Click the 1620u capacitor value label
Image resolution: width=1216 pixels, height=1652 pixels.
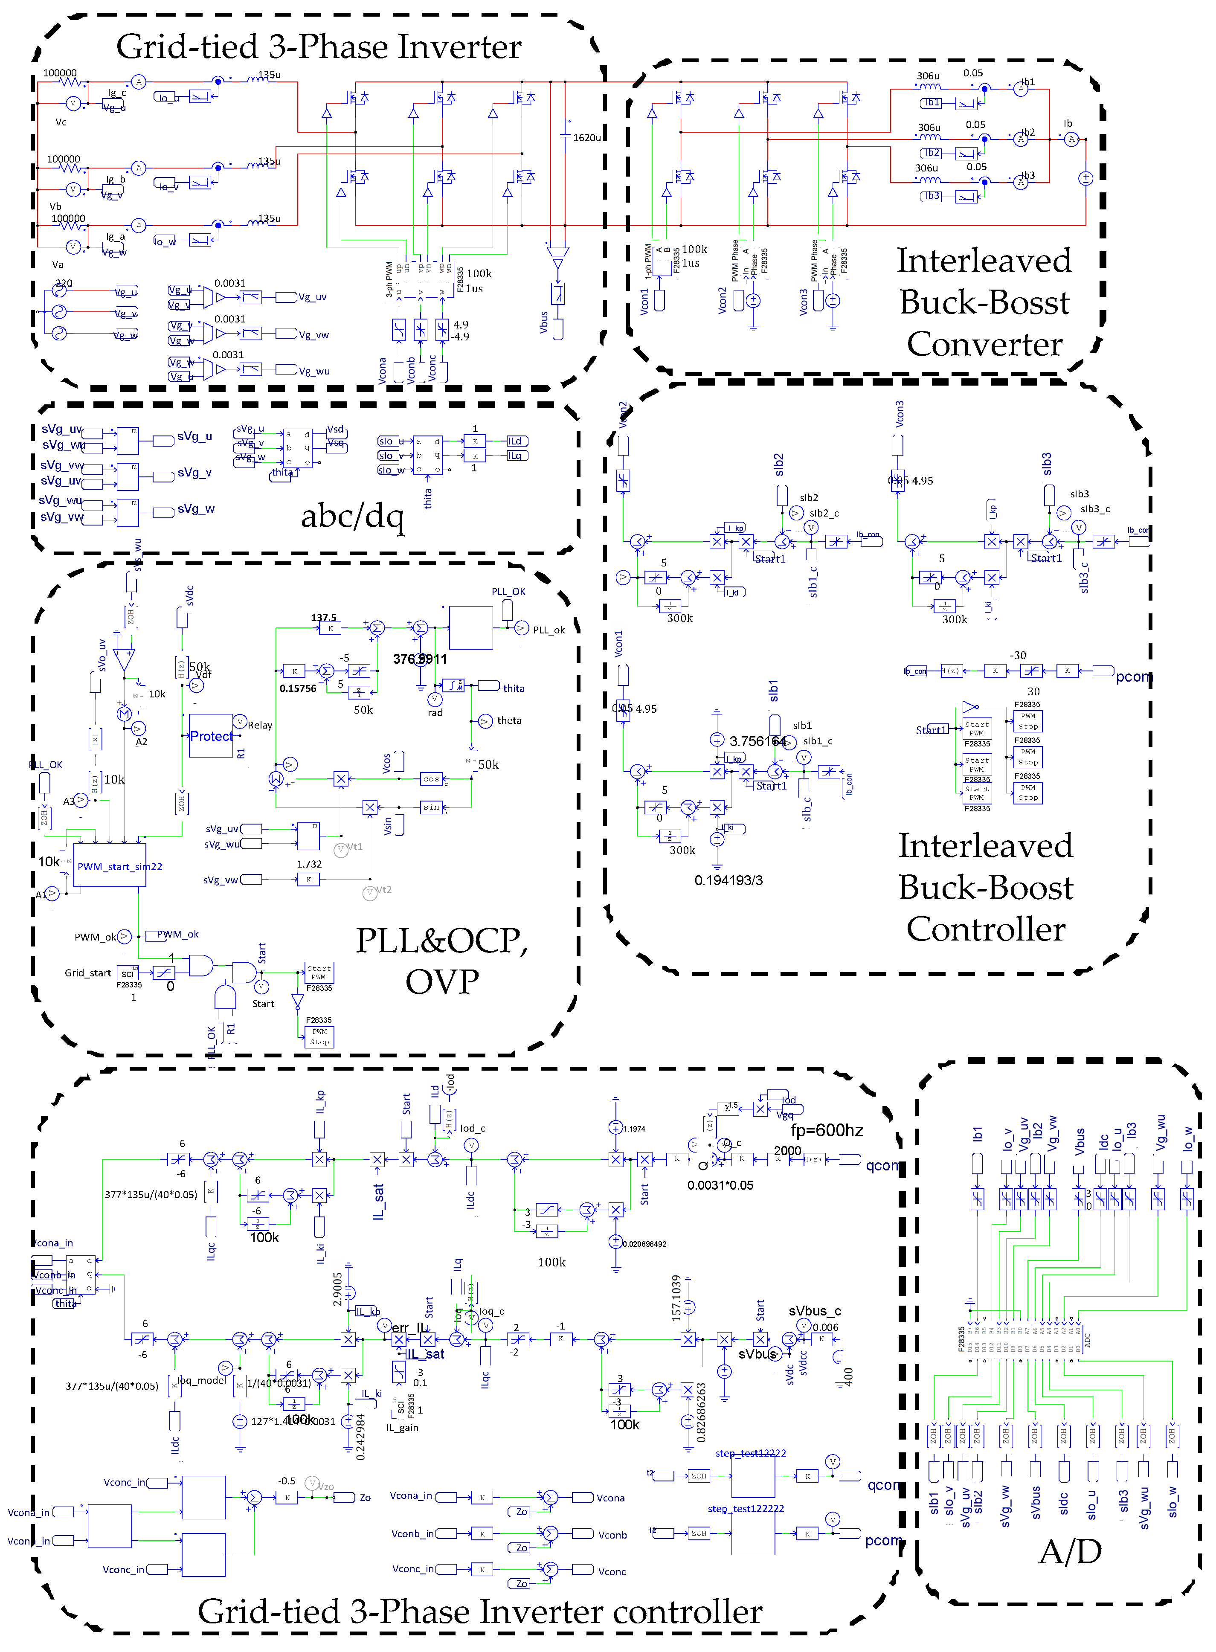pos(586,138)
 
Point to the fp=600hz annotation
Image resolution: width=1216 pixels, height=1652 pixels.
pos(827,1130)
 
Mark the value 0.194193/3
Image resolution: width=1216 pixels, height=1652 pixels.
pos(728,880)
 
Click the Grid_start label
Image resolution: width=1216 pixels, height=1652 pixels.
pos(87,973)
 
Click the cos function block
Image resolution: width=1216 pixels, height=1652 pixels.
pos(431,779)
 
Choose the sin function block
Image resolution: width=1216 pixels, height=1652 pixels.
pos(431,807)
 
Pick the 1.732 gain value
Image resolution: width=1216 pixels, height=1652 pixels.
pos(309,864)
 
